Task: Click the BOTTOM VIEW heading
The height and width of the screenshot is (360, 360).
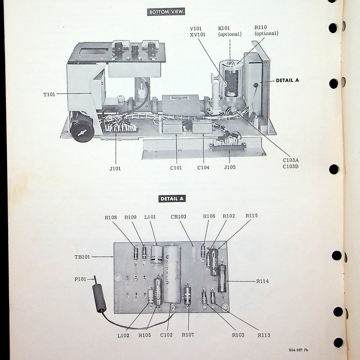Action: (x=166, y=12)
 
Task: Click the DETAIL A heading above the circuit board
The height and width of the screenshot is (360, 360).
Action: (x=173, y=198)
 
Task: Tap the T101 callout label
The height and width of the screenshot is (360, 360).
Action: (x=49, y=94)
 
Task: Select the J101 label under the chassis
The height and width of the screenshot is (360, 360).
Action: (x=115, y=169)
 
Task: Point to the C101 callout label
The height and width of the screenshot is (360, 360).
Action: (x=176, y=167)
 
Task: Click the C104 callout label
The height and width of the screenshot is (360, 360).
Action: (x=203, y=167)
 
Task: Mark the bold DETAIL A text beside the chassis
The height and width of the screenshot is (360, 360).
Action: (x=287, y=81)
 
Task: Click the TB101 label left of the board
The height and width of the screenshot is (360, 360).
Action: (x=82, y=257)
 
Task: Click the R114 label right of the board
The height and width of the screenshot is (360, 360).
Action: (x=262, y=281)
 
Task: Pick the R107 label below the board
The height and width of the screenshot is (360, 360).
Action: (x=188, y=334)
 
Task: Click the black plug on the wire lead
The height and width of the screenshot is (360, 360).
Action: (x=99, y=298)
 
